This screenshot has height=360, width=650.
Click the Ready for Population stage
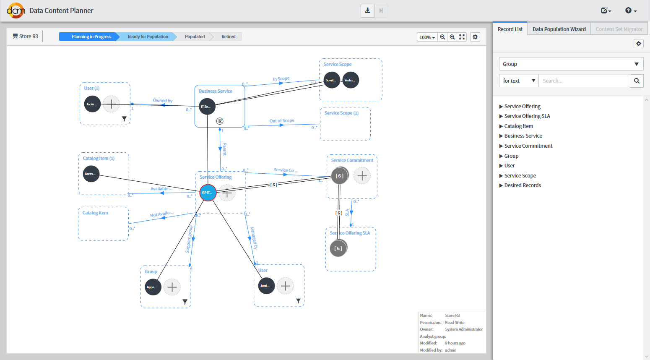coord(148,37)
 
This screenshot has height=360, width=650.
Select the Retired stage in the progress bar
coord(228,37)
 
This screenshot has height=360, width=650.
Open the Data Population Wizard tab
coord(559,29)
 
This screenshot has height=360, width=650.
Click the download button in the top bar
coord(367,10)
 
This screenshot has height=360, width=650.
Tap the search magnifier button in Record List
coord(637,81)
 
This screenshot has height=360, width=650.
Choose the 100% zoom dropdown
coord(427,37)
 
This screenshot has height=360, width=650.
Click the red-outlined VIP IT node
coord(208,193)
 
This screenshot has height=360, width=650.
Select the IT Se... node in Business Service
coord(207,107)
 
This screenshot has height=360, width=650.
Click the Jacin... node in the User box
coord(92,104)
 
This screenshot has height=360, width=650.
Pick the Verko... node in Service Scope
coord(351,80)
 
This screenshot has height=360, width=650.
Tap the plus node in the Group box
coord(172,287)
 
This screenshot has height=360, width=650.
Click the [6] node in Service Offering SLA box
coord(338,248)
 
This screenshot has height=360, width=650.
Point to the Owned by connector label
coord(163,101)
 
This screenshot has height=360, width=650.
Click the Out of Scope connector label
coord(282,121)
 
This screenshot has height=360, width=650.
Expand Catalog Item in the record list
coord(518,126)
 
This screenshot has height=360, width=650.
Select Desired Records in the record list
coord(522,185)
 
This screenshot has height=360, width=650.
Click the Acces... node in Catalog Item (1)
coord(91,174)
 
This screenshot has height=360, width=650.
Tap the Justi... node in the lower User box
coord(266,286)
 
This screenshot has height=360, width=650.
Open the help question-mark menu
coord(630,10)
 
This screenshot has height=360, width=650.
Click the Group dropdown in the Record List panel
coord(571,64)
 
